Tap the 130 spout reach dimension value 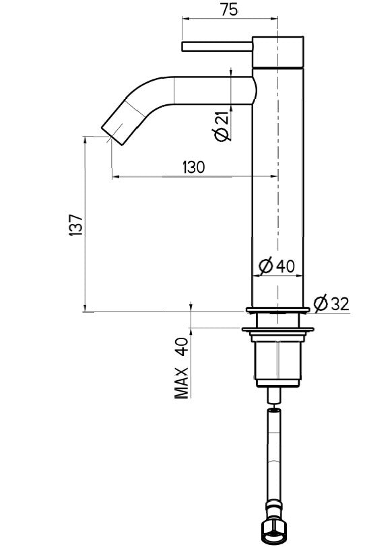click(193, 167)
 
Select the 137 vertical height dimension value click(76, 224)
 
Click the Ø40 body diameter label click(276, 266)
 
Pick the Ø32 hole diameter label click(331, 304)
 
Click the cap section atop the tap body click(277, 50)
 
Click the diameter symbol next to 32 click(321, 304)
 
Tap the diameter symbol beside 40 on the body click(265, 266)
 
